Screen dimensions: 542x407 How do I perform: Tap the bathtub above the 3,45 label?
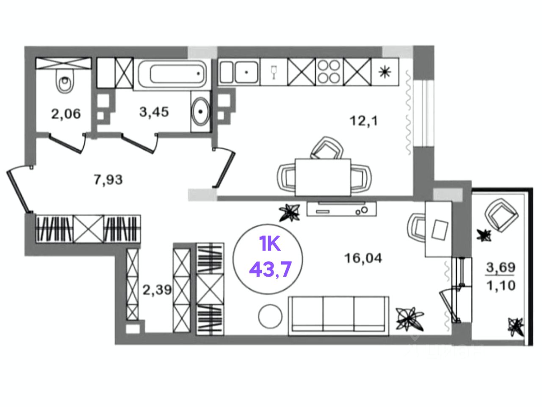[x=171, y=75]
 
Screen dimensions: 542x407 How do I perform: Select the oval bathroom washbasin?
[x=200, y=111]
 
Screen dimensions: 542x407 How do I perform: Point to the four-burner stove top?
[x=329, y=72]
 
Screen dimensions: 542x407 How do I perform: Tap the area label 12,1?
[x=363, y=121]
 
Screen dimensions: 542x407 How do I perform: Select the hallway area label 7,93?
[x=108, y=180]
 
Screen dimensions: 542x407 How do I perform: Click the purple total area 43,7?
[x=271, y=269]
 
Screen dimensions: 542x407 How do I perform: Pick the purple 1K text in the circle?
[x=270, y=245]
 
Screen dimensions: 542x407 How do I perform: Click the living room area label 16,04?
[x=363, y=258]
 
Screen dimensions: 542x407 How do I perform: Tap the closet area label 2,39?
[x=157, y=290]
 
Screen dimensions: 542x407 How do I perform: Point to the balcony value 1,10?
[x=501, y=285]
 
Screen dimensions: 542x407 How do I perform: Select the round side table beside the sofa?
[x=270, y=316]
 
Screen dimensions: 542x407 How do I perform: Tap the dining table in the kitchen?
[x=323, y=177]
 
